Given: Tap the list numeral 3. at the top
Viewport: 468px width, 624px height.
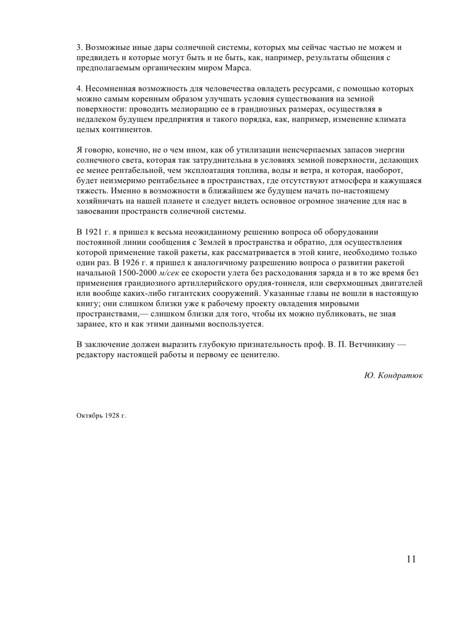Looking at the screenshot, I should pos(80,48).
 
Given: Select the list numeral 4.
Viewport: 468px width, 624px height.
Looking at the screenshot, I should pos(80,89).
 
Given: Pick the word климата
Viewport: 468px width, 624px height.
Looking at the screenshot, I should pos(387,119).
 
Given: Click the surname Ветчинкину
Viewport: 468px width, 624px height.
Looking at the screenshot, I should pos(371,345).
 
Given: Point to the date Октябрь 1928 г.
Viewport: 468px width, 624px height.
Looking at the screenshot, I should pos(101,416).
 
